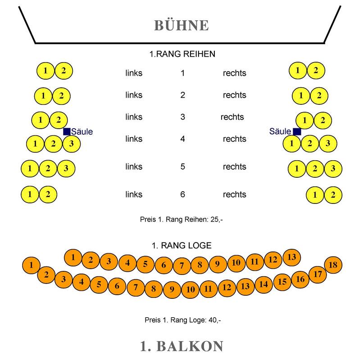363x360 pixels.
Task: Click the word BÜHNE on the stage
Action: (x=181, y=25)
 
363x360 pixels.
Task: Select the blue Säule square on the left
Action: (x=67, y=131)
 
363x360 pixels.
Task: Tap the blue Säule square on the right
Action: (x=296, y=131)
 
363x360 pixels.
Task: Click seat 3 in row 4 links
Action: (x=71, y=144)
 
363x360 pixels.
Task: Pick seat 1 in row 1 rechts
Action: (x=298, y=70)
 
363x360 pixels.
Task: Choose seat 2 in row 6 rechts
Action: (x=333, y=195)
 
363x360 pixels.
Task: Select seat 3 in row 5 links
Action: (x=66, y=169)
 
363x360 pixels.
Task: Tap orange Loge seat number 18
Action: (x=333, y=265)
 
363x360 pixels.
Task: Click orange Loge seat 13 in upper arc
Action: (x=292, y=257)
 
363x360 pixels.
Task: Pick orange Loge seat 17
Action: (x=318, y=274)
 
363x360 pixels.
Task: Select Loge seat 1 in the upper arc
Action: (x=73, y=258)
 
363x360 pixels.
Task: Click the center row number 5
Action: (x=182, y=166)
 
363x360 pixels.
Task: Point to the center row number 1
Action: (x=182, y=73)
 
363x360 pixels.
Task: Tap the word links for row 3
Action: (x=134, y=117)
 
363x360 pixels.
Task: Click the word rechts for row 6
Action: (x=234, y=194)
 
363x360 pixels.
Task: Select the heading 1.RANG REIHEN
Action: (x=182, y=54)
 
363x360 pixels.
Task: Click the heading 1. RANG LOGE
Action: (x=181, y=246)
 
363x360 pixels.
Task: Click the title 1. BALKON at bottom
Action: (x=181, y=346)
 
